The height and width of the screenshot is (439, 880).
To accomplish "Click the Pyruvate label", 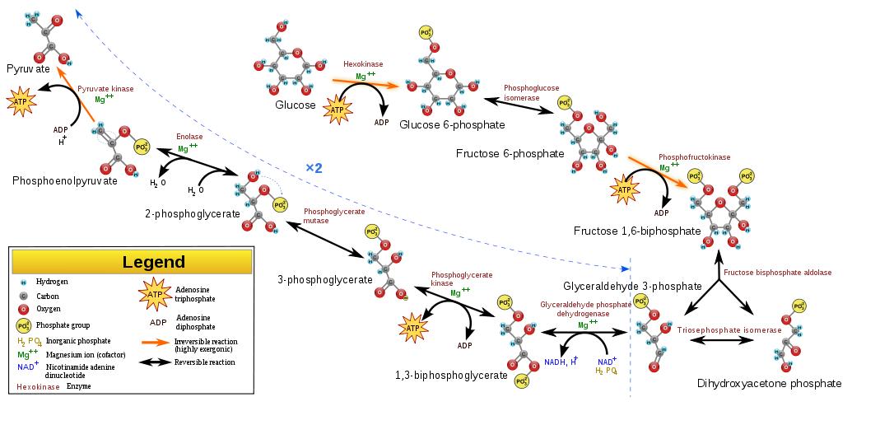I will click(29, 70).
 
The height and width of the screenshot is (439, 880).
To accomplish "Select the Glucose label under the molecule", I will click(296, 105).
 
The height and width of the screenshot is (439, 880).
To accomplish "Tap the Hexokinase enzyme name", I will click(363, 64).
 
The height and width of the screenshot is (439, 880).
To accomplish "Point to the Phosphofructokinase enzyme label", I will click(694, 156).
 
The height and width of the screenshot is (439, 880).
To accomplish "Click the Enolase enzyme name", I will click(189, 137).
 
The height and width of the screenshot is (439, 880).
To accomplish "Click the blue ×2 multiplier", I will click(314, 168).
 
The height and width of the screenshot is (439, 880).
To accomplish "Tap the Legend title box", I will click(154, 262).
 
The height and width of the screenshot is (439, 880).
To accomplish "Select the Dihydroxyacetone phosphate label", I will click(769, 384).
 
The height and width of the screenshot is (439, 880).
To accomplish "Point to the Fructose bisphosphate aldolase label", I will click(777, 273).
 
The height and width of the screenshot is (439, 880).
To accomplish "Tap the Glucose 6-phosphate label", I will click(452, 124).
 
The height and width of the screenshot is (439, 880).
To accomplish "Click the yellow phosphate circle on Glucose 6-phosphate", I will click(426, 34).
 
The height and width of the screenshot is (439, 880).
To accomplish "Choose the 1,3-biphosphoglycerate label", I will click(451, 376).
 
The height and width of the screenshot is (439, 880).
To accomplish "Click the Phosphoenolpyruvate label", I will click(65, 180).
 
